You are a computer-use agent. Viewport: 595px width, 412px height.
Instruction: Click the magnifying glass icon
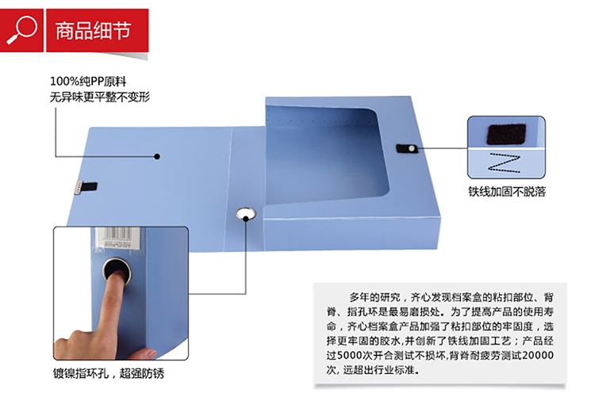click(x=21, y=29)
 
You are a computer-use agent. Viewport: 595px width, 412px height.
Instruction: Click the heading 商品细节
click(x=94, y=31)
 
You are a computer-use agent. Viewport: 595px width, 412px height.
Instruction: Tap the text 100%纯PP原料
click(x=88, y=81)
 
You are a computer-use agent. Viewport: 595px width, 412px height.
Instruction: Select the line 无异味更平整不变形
click(x=100, y=97)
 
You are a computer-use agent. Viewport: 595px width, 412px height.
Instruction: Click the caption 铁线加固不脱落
click(x=507, y=192)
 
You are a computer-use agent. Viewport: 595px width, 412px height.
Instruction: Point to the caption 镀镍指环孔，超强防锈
click(x=109, y=373)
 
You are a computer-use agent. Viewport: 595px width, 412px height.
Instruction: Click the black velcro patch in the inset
click(x=506, y=134)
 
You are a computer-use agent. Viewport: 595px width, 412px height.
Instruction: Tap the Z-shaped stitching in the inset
click(x=504, y=163)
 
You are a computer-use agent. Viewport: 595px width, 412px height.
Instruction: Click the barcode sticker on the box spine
click(x=117, y=238)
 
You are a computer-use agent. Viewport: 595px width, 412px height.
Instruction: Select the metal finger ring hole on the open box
click(x=246, y=214)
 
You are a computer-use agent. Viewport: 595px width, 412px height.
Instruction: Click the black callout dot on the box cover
click(x=157, y=156)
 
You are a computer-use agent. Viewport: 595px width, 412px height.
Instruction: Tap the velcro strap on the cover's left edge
click(x=86, y=187)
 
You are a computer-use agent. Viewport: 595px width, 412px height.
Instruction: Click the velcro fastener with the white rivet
click(x=407, y=148)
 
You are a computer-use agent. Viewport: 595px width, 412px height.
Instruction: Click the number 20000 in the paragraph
click(x=538, y=355)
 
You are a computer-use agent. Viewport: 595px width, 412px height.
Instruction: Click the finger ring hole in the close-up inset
click(x=117, y=270)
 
